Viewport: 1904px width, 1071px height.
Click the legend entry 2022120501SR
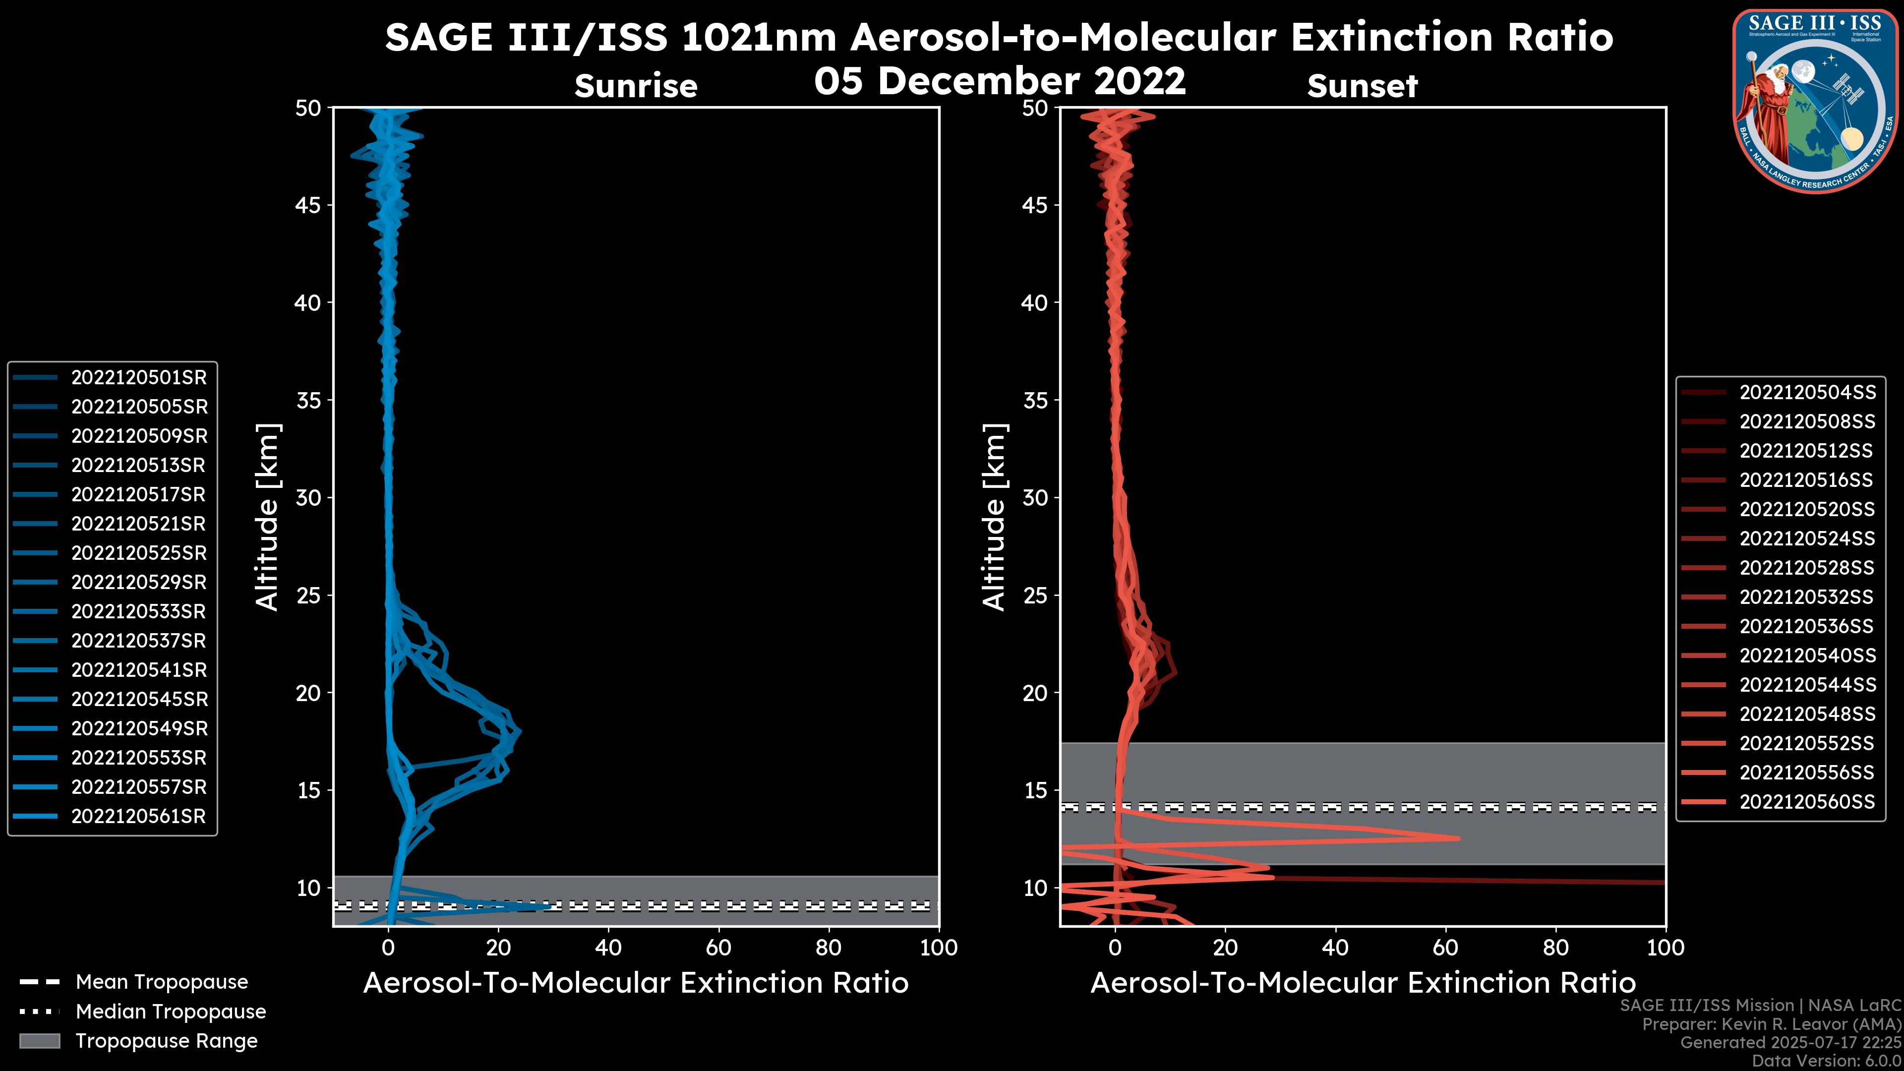(x=139, y=378)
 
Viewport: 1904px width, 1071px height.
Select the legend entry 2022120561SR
(x=139, y=817)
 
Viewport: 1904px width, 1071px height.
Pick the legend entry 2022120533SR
(x=139, y=612)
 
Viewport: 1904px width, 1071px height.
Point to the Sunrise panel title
(x=636, y=86)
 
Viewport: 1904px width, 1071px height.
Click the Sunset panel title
(x=1362, y=86)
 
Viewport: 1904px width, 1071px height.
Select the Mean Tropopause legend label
(x=162, y=982)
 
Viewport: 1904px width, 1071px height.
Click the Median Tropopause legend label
(x=171, y=1012)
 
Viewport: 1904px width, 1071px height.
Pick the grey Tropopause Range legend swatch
(x=40, y=1041)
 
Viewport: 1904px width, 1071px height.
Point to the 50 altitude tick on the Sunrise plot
(x=308, y=109)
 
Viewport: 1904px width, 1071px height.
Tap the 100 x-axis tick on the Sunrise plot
(x=938, y=948)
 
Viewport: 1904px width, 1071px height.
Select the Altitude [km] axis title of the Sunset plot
(x=994, y=517)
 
